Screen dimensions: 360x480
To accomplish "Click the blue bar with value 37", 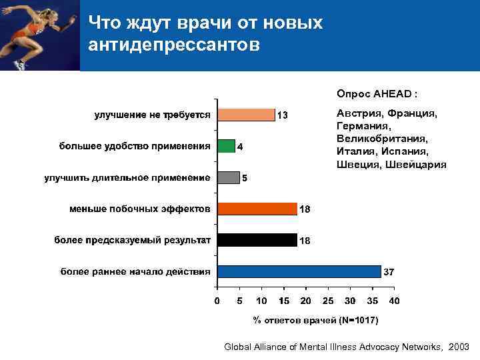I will click(x=299, y=271).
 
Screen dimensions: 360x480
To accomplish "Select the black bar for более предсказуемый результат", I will click(x=257, y=239).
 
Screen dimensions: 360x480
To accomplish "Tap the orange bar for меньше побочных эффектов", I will click(x=257, y=209).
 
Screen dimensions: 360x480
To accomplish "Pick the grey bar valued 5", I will click(x=228, y=177).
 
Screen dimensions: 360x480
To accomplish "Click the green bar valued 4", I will click(x=226, y=146).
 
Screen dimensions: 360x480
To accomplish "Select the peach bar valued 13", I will click(x=246, y=115).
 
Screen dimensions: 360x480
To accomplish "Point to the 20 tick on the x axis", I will click(x=305, y=301).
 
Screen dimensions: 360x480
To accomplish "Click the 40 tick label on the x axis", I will click(x=394, y=301).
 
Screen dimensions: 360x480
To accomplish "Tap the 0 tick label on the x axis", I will click(x=217, y=301).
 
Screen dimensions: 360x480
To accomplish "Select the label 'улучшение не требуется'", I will click(x=152, y=115).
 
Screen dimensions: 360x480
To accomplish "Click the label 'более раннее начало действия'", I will click(x=136, y=271).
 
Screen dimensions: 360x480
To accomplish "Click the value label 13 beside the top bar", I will click(x=283, y=115).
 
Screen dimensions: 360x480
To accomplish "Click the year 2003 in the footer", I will click(x=459, y=347).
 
